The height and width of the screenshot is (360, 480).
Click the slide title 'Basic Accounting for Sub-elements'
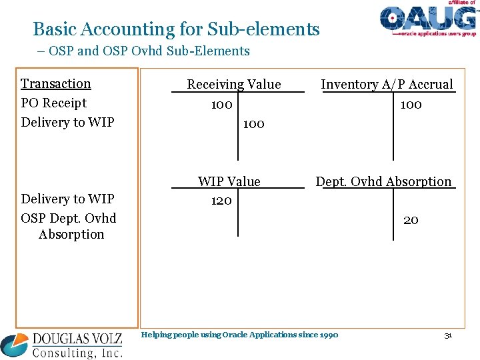pyautogui.click(x=176, y=29)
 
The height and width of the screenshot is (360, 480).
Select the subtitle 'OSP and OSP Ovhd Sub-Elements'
pyautogui.click(x=149, y=51)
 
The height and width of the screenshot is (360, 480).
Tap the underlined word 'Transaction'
pyautogui.click(x=56, y=83)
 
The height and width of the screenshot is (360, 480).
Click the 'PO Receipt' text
pyautogui.click(x=54, y=103)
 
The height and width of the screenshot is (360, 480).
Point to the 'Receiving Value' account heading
pyautogui.click(x=234, y=84)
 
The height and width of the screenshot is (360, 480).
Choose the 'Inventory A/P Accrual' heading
pyautogui.click(x=387, y=84)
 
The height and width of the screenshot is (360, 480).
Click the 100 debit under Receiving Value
pyautogui.click(x=221, y=105)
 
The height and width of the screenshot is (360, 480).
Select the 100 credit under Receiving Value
pyautogui.click(x=253, y=123)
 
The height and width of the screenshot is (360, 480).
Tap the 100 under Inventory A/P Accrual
pyautogui.click(x=411, y=105)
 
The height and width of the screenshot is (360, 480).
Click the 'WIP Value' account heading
pyautogui.click(x=229, y=181)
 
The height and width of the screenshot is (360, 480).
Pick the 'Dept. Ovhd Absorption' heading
pyautogui.click(x=383, y=181)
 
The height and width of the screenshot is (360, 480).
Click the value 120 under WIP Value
pyautogui.click(x=221, y=201)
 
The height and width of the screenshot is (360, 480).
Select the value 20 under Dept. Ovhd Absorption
pyautogui.click(x=411, y=220)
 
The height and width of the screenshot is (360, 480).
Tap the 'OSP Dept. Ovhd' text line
pyautogui.click(x=69, y=218)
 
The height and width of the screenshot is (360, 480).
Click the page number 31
pyautogui.click(x=448, y=335)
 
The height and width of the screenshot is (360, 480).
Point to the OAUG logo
pyautogui.click(x=429, y=19)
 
